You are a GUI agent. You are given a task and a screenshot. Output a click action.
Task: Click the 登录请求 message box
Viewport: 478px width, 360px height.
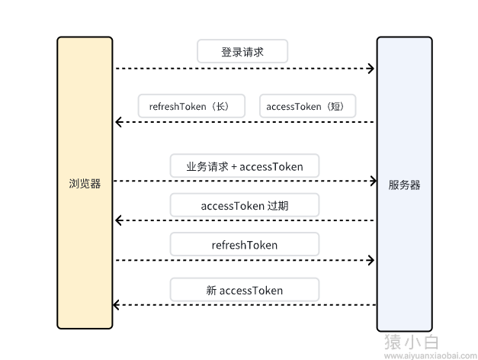click(x=242, y=52)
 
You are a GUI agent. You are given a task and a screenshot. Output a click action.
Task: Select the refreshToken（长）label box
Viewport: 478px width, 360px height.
click(x=191, y=107)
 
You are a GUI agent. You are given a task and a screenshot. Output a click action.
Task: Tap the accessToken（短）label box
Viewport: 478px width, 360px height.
click(x=306, y=107)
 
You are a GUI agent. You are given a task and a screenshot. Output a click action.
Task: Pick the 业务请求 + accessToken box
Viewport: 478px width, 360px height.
click(x=244, y=166)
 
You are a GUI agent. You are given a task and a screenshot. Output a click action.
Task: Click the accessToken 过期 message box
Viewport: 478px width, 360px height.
click(x=244, y=205)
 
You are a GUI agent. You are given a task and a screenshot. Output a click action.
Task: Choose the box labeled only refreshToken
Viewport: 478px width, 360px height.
click(x=244, y=245)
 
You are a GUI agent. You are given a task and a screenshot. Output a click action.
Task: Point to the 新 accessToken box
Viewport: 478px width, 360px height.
click(x=244, y=290)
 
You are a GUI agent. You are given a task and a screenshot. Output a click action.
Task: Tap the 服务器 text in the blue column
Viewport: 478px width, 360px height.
click(x=404, y=185)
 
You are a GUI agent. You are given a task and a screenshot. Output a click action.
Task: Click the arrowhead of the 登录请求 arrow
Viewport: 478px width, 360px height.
click(x=371, y=69)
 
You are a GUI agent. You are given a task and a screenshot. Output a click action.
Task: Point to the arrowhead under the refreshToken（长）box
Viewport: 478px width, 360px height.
click(x=117, y=122)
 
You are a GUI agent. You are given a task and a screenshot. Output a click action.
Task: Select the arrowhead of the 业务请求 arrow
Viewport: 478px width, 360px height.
click(x=373, y=181)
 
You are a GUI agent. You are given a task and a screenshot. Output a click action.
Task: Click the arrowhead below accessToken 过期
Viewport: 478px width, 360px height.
click(x=117, y=220)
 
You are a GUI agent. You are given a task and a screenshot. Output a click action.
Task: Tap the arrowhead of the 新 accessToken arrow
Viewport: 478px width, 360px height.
click(x=116, y=305)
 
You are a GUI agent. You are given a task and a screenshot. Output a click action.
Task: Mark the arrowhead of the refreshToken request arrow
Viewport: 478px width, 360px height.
click(x=371, y=260)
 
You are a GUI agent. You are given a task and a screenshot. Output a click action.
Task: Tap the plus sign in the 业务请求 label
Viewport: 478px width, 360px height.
click(x=234, y=166)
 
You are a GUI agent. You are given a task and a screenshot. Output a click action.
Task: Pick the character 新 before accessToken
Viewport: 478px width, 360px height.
click(x=211, y=290)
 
